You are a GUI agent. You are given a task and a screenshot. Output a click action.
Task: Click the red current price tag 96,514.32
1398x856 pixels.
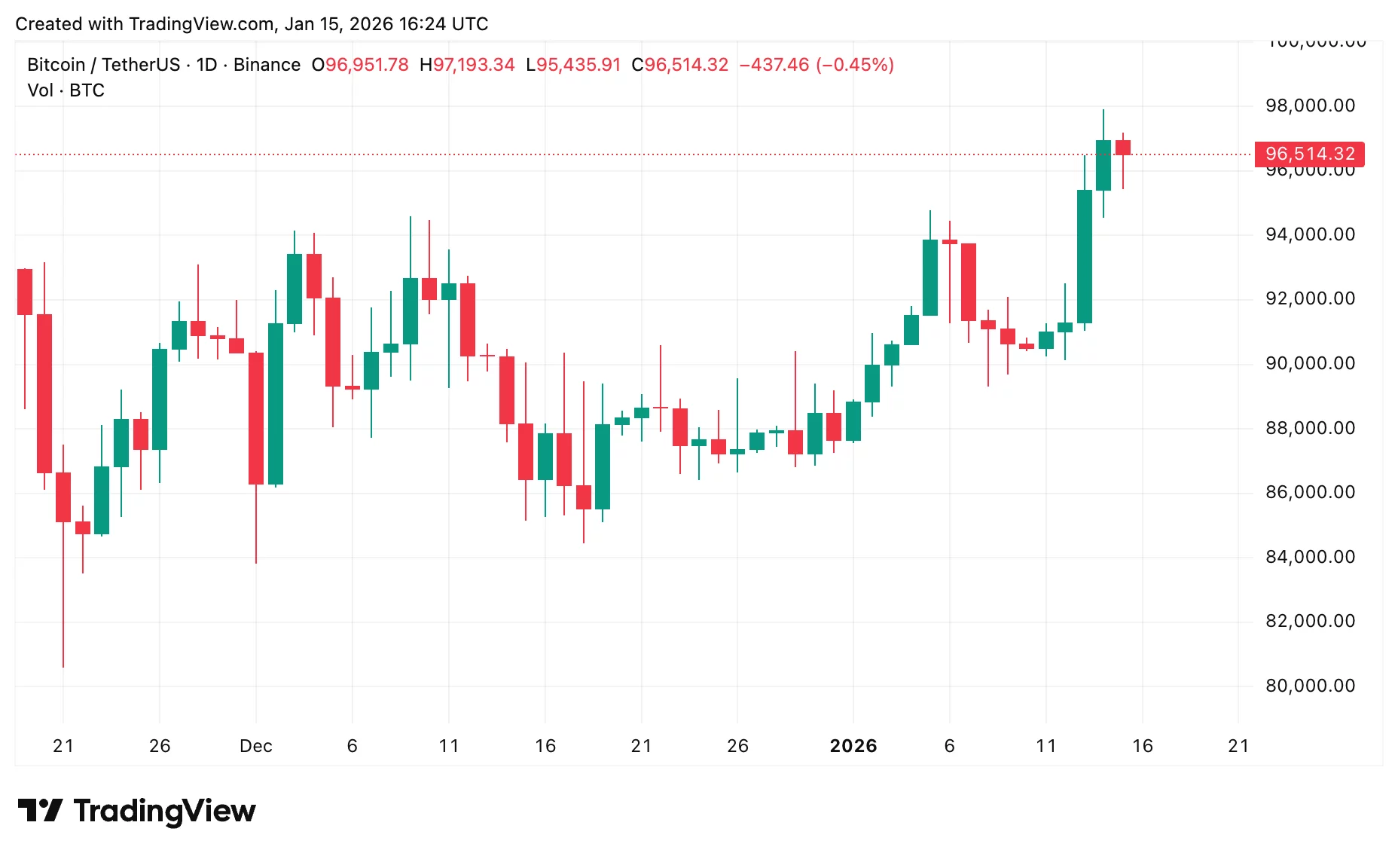[1309, 154]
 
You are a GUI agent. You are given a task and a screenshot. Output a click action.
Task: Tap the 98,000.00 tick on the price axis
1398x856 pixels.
[1310, 105]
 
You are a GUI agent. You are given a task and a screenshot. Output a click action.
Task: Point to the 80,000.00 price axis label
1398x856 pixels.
[1310, 686]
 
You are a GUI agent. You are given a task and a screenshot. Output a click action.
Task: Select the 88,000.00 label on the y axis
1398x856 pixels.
[1310, 428]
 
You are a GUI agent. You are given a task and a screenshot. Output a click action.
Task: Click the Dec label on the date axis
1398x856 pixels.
[255, 746]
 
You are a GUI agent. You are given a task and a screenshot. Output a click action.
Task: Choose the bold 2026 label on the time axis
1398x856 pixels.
[853, 746]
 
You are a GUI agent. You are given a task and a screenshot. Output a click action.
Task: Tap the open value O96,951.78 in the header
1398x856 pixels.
[360, 65]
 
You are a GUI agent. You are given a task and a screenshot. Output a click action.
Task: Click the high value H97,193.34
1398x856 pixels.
[467, 65]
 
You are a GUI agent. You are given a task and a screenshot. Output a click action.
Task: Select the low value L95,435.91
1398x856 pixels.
[573, 65]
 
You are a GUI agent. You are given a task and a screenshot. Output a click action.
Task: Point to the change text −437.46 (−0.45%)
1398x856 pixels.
[817, 65]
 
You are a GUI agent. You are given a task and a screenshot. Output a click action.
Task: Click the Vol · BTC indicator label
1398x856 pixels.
[66, 90]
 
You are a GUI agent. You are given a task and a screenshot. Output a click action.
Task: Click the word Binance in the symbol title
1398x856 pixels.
[267, 65]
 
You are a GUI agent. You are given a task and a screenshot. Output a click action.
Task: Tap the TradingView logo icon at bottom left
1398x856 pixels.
[40, 811]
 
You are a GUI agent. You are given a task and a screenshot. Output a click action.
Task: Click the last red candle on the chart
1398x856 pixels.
[1122, 148]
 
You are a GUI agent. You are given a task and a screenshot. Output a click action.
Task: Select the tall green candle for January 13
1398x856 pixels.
[1084, 256]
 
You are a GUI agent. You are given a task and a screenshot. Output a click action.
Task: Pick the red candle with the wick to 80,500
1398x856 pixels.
[63, 497]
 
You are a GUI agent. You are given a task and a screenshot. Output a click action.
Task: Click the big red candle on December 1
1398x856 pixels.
[256, 418]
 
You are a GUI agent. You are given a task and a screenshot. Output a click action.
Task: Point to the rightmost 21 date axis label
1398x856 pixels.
[1238, 746]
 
